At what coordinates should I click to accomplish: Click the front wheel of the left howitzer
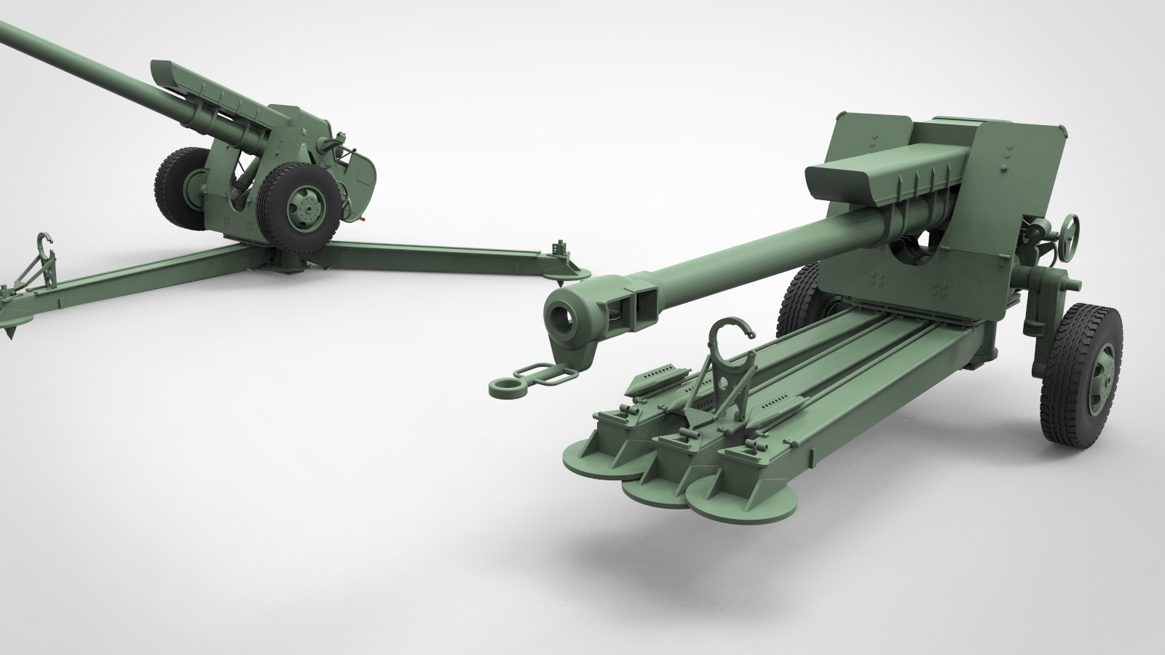click(x=300, y=205)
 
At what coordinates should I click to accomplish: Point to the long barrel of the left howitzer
click(x=95, y=63)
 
